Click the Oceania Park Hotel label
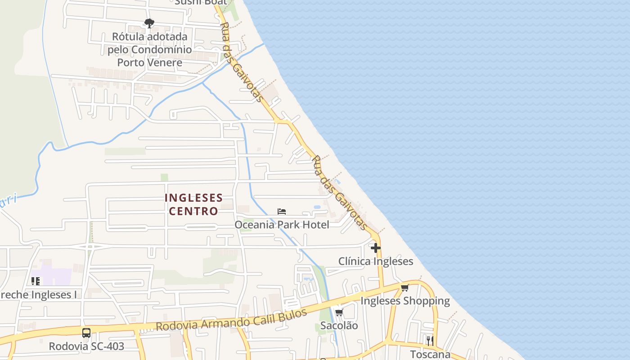pyautogui.click(x=282, y=225)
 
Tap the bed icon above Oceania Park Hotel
pyautogui.click(x=282, y=211)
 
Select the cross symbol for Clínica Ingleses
pyautogui.click(x=375, y=247)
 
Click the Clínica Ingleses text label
pyautogui.click(x=375, y=261)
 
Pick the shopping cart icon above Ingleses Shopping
pyautogui.click(x=405, y=288)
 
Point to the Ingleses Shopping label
pyautogui.click(x=405, y=301)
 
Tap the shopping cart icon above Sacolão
pyautogui.click(x=339, y=312)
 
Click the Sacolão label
pyautogui.click(x=339, y=325)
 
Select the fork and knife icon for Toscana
pyautogui.click(x=430, y=341)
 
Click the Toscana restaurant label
pyautogui.click(x=430, y=354)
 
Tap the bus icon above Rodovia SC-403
pyautogui.click(x=86, y=333)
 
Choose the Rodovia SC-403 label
pyautogui.click(x=86, y=346)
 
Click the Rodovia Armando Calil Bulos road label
pyautogui.click(x=231, y=319)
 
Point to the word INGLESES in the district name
pyautogui.click(x=193, y=198)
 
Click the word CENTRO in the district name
pyautogui.click(x=193, y=211)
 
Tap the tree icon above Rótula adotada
pyautogui.click(x=149, y=23)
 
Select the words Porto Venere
pyautogui.click(x=149, y=62)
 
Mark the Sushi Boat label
pyautogui.click(x=201, y=2)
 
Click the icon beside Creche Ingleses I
pyautogui.click(x=36, y=281)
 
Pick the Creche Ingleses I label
pyautogui.click(x=38, y=295)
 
